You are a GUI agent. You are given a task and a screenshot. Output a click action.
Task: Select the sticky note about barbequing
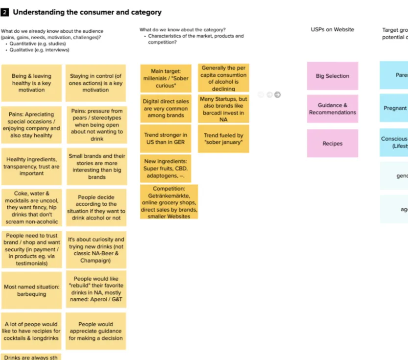[31, 290]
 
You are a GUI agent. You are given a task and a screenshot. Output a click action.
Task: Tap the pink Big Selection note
[333, 76]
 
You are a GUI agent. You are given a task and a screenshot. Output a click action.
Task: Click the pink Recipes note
[333, 144]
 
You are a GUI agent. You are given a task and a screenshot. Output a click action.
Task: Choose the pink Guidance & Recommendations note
[333, 109]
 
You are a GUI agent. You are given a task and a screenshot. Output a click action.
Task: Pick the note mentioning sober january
[223, 139]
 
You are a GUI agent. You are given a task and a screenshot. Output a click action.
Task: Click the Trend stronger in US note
[165, 139]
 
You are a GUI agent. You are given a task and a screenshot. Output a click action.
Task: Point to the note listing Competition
[169, 202]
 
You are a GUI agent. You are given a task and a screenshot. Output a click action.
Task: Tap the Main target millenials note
[165, 78]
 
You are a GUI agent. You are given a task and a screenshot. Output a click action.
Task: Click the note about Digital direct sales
[165, 109]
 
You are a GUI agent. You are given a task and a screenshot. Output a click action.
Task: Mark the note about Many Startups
[223, 109]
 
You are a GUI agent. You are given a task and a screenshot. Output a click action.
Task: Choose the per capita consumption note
[223, 78]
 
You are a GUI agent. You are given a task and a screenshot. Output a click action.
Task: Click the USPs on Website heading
[332, 30]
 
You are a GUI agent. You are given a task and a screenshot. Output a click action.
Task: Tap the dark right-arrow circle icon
[277, 95]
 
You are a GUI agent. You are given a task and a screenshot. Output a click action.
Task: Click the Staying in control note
[96, 83]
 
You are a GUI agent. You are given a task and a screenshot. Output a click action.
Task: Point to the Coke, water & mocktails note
[31, 207]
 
